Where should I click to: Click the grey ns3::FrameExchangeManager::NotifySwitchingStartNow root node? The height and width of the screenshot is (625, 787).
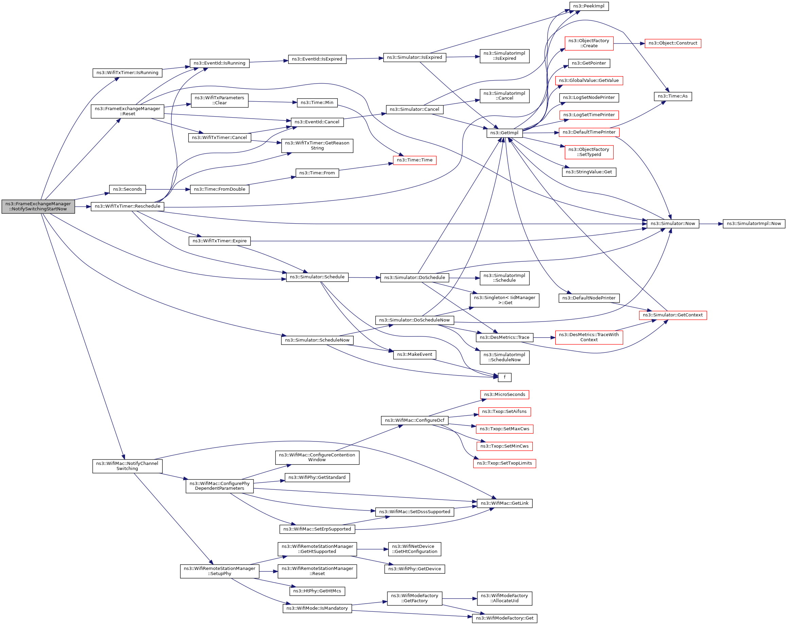click(38, 207)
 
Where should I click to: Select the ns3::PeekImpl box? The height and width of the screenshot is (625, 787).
click(589, 6)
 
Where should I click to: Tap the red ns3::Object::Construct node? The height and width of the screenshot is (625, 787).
click(673, 43)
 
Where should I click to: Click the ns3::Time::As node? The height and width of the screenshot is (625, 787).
click(673, 97)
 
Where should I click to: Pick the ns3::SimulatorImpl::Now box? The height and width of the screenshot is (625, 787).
click(754, 224)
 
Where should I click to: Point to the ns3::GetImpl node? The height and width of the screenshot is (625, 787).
click(505, 133)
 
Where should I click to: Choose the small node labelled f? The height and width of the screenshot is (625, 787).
click(505, 377)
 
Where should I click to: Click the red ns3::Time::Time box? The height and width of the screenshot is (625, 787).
click(414, 160)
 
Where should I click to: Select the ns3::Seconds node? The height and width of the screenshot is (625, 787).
click(127, 190)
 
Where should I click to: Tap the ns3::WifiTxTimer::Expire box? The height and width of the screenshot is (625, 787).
click(220, 241)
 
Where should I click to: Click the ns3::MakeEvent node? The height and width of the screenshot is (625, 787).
click(414, 354)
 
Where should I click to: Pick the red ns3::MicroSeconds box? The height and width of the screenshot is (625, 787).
click(505, 395)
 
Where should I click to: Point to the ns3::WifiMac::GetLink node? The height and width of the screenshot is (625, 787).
click(505, 503)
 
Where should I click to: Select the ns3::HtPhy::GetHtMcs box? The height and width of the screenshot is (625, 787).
click(317, 591)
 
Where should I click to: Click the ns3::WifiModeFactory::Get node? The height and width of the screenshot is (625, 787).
click(505, 619)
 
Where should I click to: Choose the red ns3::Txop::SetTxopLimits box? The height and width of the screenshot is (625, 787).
click(505, 463)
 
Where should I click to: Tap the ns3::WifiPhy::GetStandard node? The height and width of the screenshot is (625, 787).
click(317, 478)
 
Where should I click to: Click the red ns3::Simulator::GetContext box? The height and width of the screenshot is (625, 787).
click(673, 315)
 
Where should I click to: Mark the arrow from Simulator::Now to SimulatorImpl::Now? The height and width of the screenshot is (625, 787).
click(711, 224)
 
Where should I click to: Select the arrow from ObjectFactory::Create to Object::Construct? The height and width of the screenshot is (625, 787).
click(629, 44)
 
